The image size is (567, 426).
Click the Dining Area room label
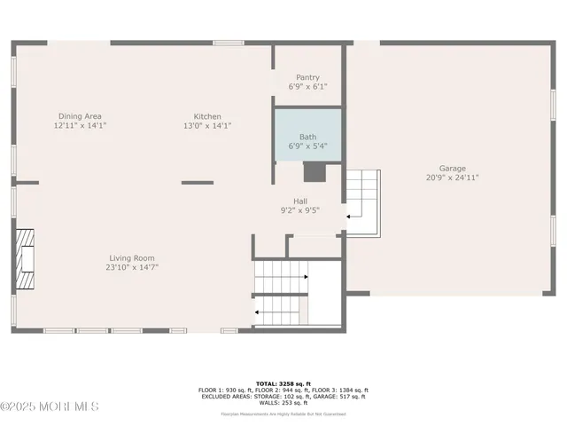(80, 116)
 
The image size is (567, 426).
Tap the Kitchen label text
(207, 116)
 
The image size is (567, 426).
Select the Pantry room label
(307, 77)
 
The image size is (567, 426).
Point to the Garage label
(452, 168)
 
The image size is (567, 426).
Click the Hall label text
(299, 201)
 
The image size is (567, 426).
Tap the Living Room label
(132, 257)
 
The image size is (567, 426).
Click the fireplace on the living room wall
(25, 258)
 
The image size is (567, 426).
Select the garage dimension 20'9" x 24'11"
(452, 177)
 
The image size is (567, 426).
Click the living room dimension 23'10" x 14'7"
(132, 267)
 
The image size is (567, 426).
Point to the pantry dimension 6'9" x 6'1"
(307, 87)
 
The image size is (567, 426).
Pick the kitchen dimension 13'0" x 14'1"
(207, 126)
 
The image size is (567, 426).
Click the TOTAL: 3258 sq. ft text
(283, 383)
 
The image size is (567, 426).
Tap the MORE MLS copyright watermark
(50, 406)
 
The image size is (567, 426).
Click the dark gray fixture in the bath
(315, 170)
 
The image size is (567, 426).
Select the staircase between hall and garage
(361, 199)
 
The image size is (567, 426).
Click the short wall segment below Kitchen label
(198, 183)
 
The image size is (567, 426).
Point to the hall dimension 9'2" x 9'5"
(299, 211)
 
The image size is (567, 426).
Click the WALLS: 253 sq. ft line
(283, 402)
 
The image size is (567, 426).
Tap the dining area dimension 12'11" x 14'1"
(80, 126)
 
